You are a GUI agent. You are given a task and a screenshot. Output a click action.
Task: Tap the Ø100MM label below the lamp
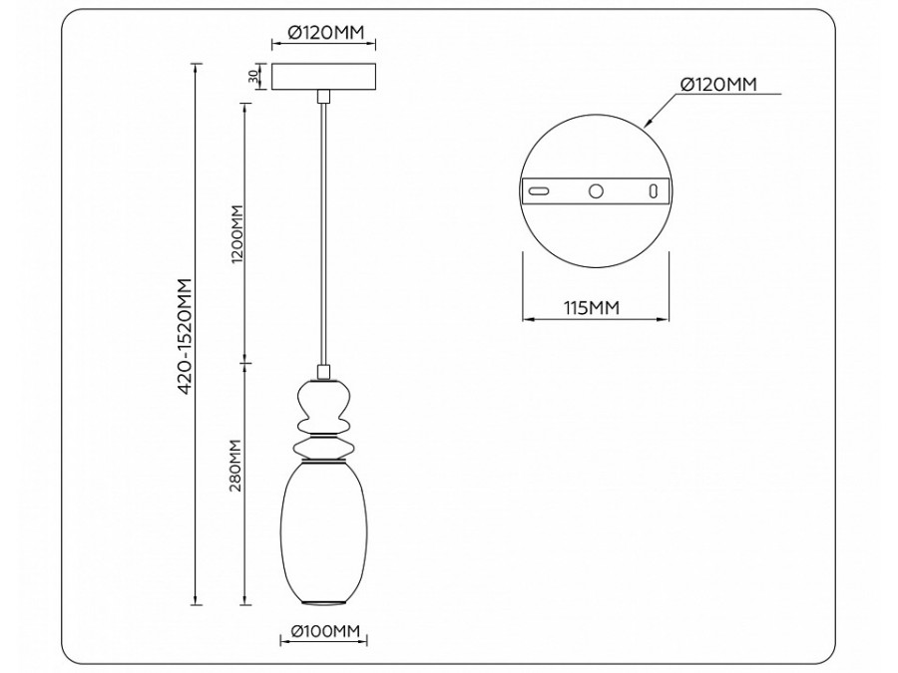[323, 631]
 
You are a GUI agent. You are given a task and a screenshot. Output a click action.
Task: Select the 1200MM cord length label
[236, 231]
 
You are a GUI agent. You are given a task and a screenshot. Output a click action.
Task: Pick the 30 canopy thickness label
[254, 76]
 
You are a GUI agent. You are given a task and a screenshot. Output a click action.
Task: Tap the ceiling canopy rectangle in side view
[323, 77]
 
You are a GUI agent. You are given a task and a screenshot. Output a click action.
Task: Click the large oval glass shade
[322, 528]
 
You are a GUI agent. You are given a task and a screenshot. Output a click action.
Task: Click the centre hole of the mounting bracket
[597, 190]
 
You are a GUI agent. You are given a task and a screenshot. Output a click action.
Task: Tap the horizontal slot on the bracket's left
[538, 190]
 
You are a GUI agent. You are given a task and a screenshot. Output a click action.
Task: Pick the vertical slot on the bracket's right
[655, 190]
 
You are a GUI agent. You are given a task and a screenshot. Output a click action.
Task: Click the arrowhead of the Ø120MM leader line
[648, 126]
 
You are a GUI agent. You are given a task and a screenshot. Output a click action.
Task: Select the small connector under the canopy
[322, 97]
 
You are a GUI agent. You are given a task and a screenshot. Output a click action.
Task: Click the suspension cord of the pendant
[322, 229]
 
